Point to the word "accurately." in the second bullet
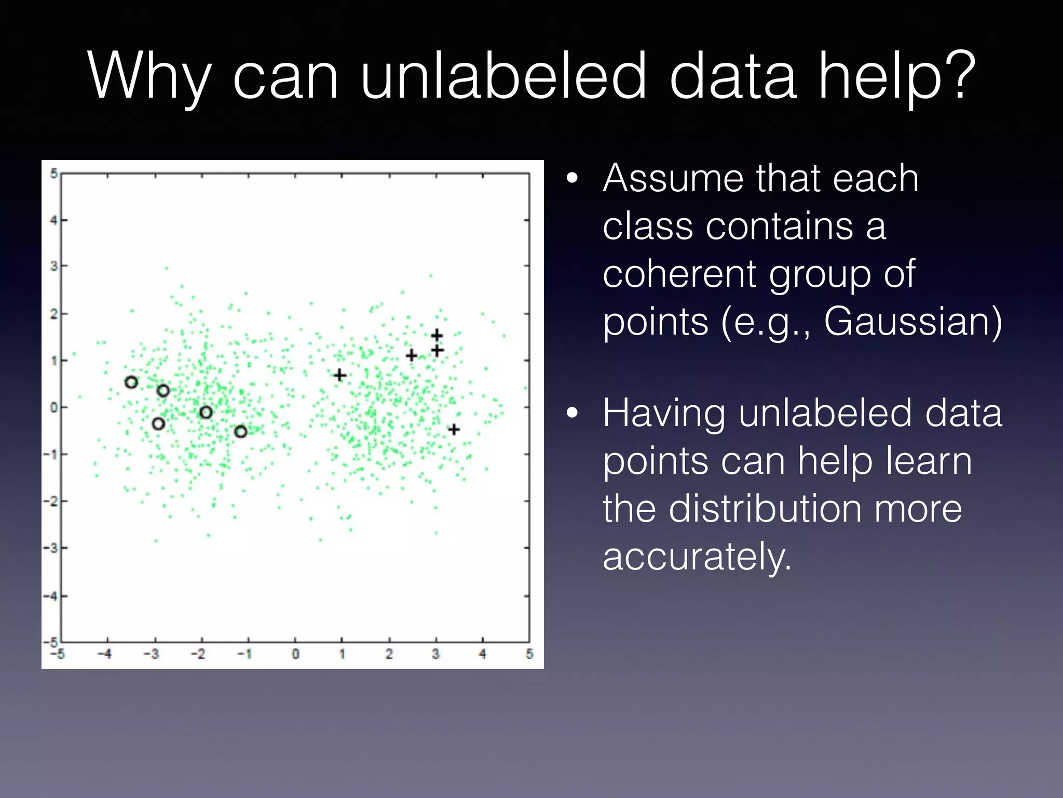697,556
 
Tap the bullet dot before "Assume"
571,178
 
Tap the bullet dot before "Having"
571,413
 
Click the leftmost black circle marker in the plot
131,382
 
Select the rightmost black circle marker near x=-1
240,431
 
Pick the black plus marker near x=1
339,375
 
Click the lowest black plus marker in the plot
454,429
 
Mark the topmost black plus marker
437,335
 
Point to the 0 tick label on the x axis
295,654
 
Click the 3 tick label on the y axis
53,266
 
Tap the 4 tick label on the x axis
482,654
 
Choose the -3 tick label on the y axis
51,548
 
